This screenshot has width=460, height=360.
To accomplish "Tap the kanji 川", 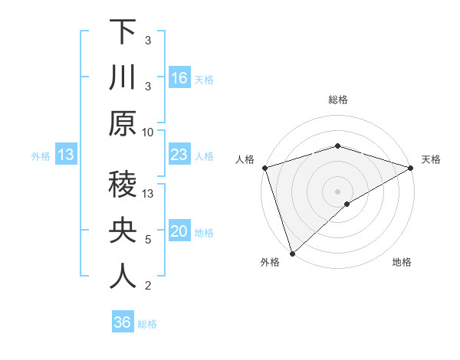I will click(123, 77).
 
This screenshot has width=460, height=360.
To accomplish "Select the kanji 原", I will click(123, 123).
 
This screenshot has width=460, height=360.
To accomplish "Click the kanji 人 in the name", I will click(123, 276).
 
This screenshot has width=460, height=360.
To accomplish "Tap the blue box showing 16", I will click(179, 77).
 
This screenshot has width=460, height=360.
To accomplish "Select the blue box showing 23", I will click(179, 155).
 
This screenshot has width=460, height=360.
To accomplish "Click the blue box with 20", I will click(179, 232).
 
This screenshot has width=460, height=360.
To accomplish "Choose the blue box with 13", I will click(66, 155).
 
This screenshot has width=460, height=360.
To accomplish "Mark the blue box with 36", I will click(123, 322).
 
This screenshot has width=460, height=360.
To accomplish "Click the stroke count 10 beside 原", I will click(148, 132).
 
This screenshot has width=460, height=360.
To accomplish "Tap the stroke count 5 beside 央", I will click(148, 240).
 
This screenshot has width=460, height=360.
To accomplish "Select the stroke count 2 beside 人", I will click(148, 286).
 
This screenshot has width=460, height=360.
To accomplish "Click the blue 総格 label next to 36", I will click(147, 324).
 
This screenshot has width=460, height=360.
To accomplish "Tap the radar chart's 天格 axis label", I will click(431, 159).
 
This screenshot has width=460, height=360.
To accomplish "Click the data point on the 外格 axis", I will click(292, 253).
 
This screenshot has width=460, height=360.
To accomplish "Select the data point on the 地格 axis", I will click(347, 204).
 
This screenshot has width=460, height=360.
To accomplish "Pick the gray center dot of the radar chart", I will click(337, 190).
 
